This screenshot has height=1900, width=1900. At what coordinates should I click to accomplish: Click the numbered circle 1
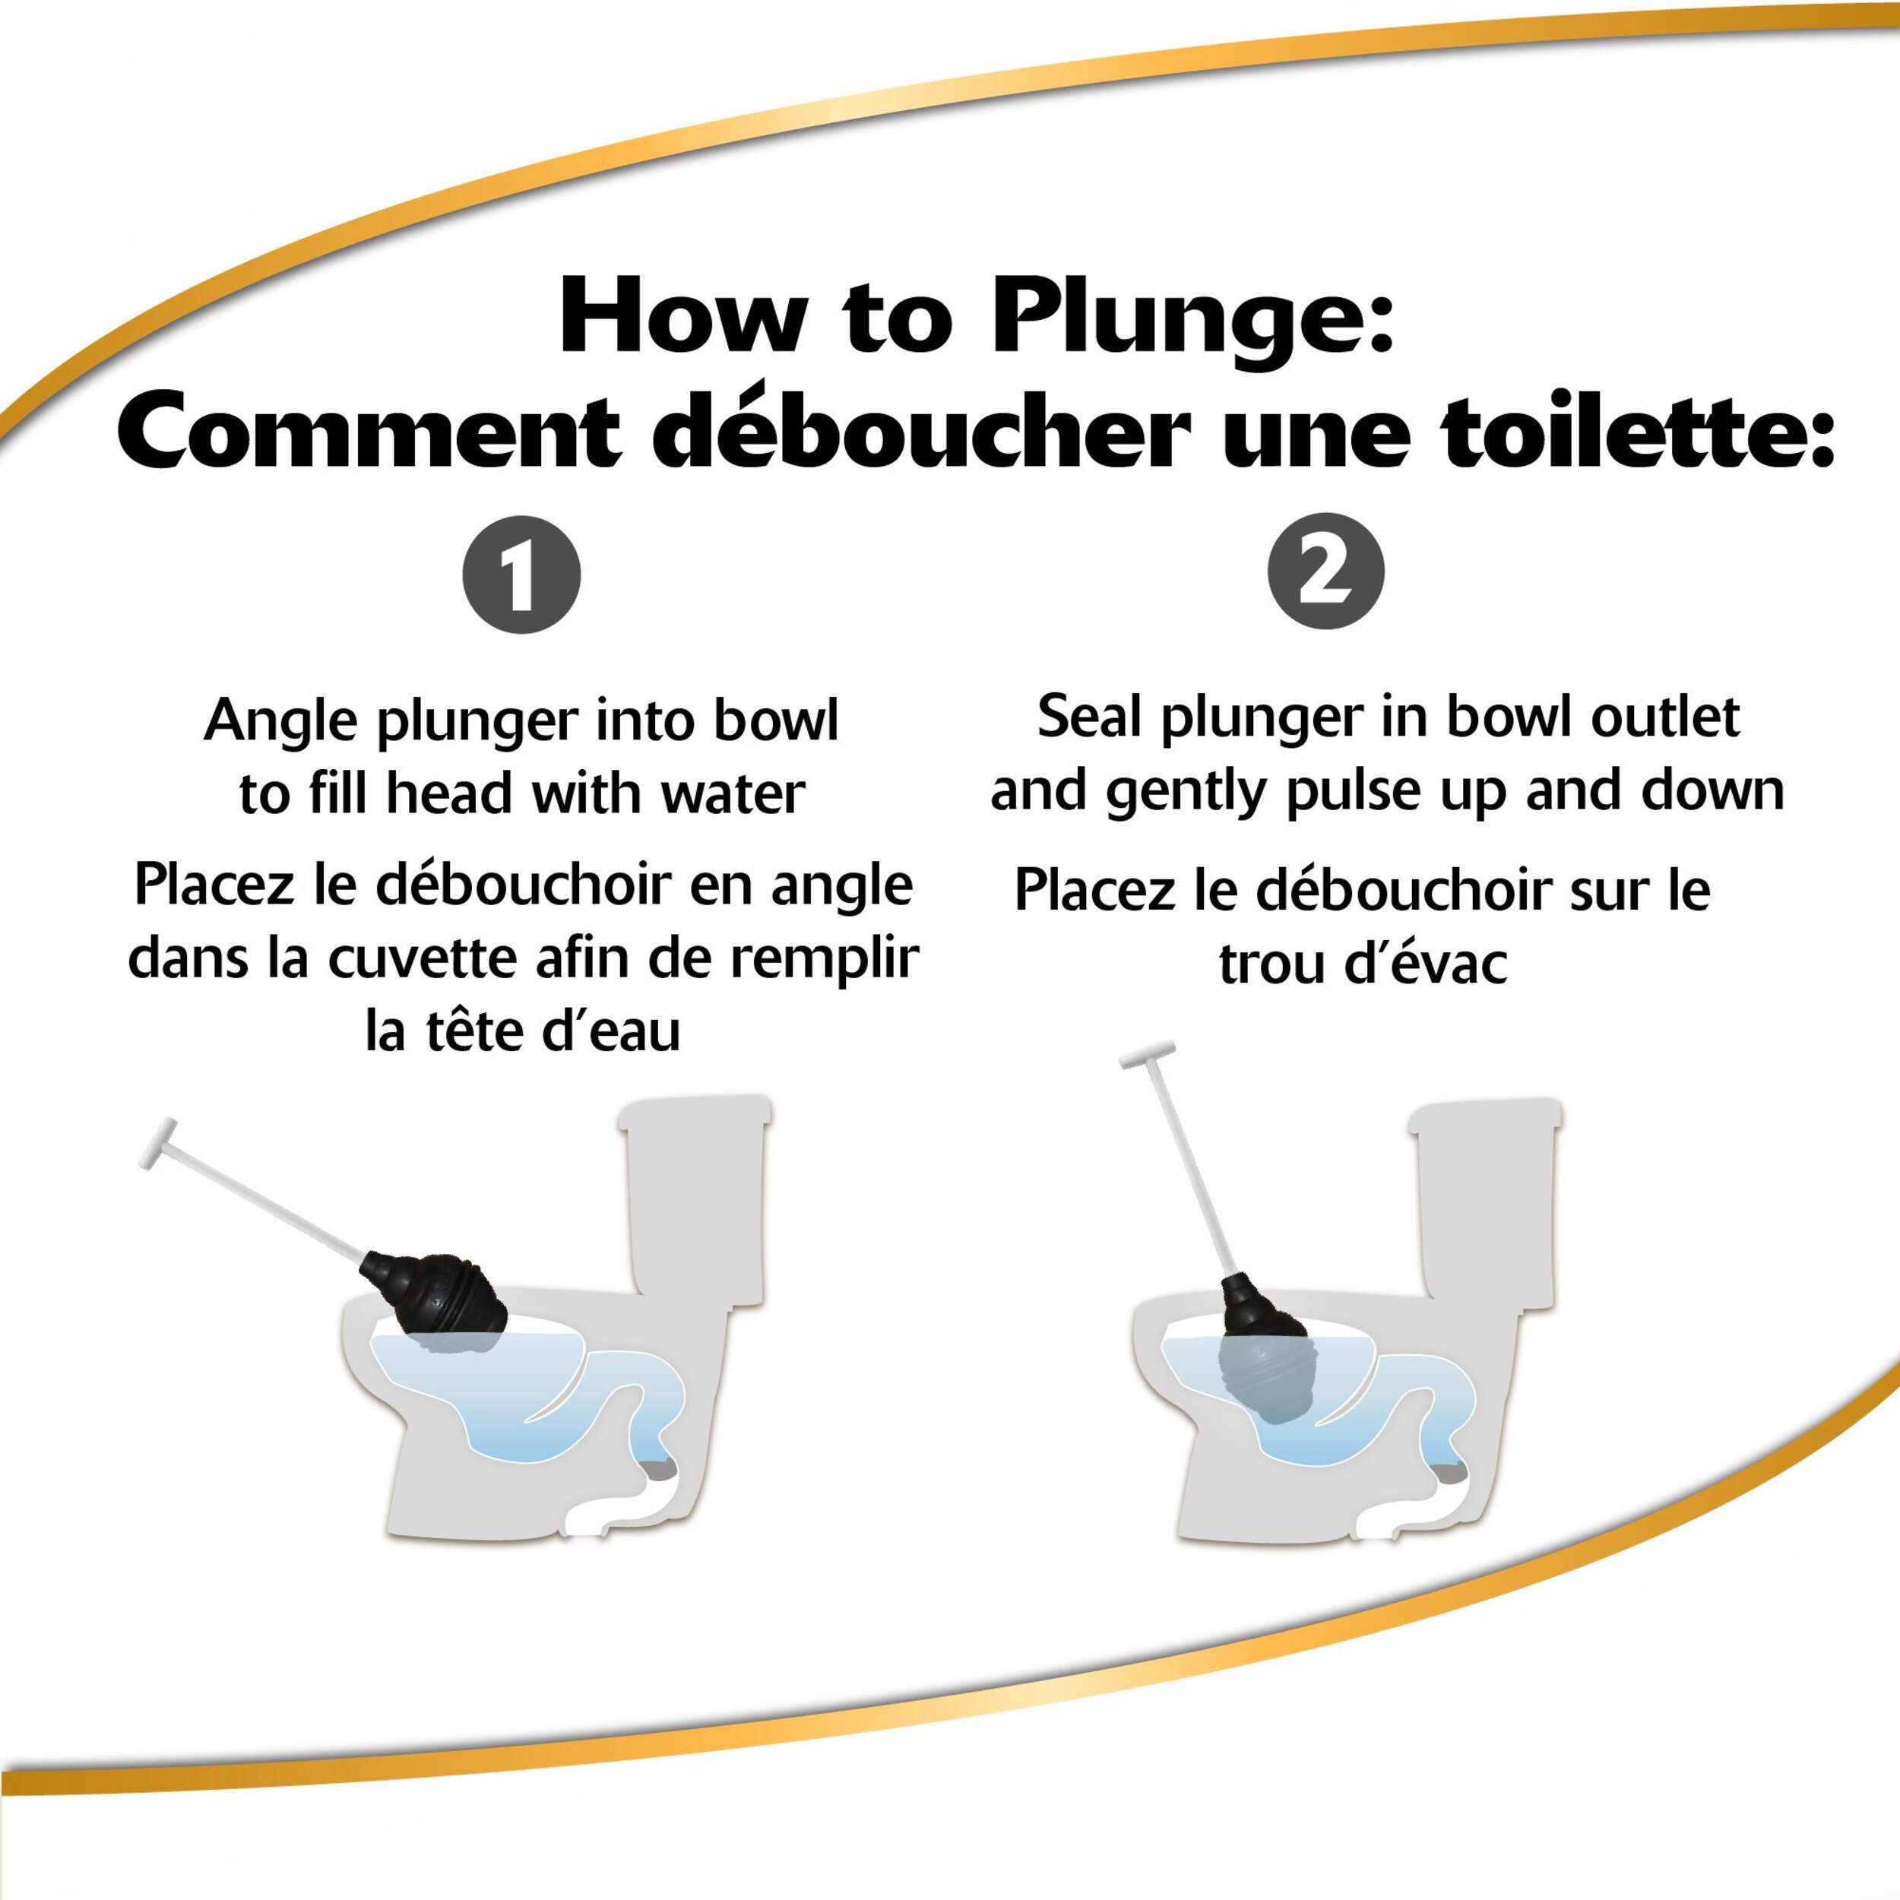click(521, 575)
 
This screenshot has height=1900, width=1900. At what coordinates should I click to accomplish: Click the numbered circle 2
click(1325, 572)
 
